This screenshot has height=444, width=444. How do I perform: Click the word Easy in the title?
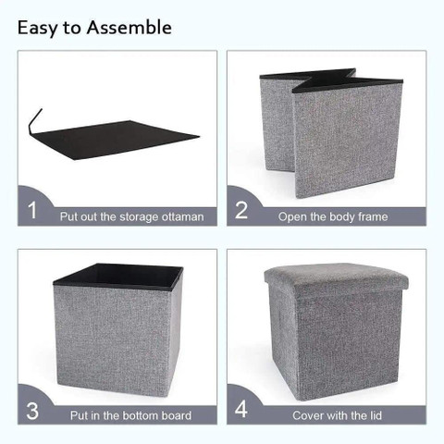click(x=38, y=28)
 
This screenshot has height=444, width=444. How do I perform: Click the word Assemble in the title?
click(x=129, y=28)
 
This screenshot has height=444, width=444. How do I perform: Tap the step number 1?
click(x=32, y=210)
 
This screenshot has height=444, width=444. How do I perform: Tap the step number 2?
click(x=241, y=210)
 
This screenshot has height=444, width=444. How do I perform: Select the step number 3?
click(x=32, y=410)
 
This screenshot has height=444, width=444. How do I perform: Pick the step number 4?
click(x=241, y=410)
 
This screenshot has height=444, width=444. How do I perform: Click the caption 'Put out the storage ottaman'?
click(x=131, y=216)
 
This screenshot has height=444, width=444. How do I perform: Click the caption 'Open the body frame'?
click(x=333, y=216)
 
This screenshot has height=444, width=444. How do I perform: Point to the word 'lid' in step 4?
click(x=366, y=415)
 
